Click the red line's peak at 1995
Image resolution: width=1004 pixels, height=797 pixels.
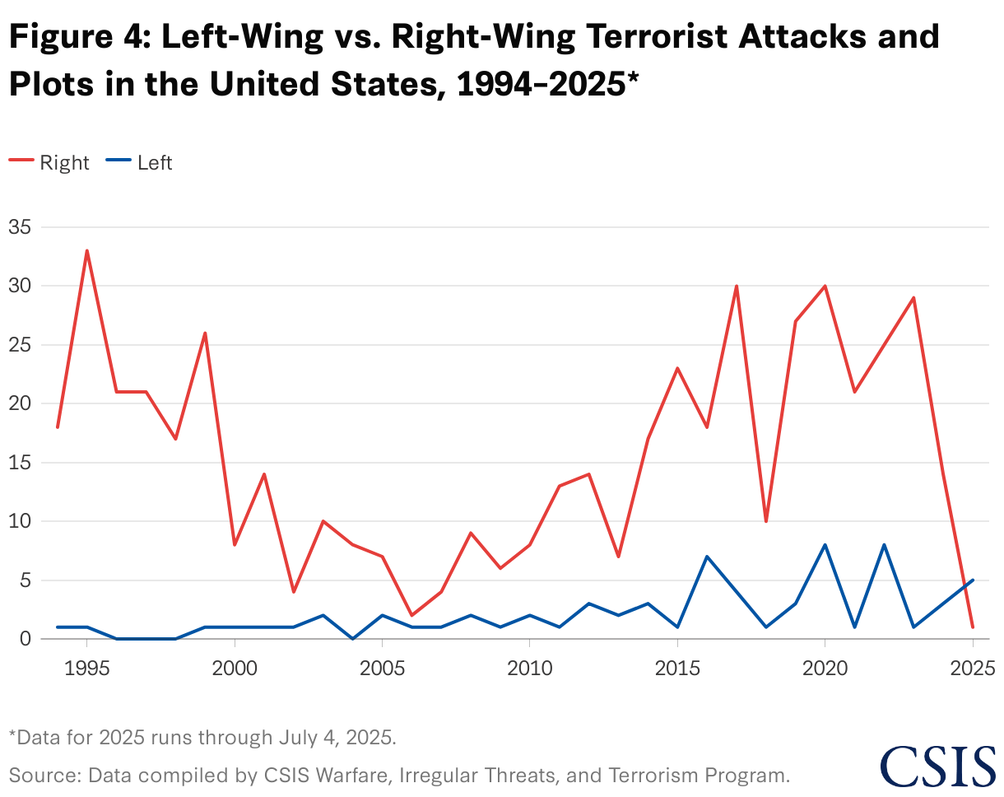(86, 250)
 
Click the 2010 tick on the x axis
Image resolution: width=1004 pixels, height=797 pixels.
(530, 664)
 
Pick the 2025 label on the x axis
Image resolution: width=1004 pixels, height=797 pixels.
(973, 664)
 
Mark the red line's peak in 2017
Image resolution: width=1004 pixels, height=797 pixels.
(737, 286)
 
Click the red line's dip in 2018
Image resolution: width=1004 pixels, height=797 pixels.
(766, 521)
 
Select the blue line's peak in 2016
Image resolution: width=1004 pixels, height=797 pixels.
(707, 557)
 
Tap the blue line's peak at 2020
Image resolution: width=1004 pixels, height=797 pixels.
(825, 544)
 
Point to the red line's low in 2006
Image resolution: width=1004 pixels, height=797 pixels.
(411, 615)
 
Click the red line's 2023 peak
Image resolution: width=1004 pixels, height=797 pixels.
(913, 297)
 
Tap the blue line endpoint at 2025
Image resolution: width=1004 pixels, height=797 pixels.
(973, 580)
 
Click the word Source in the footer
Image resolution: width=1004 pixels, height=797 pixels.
(38, 774)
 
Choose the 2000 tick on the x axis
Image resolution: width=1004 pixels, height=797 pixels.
(235, 664)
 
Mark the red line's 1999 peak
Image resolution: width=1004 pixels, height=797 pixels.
(205, 333)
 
